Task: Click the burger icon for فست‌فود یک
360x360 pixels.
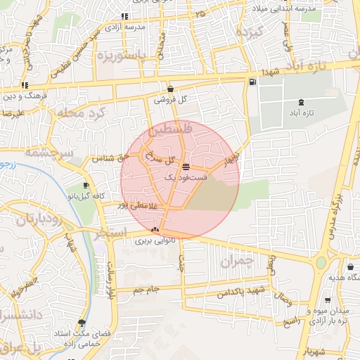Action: point(185,167)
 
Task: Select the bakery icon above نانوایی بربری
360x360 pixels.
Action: point(155,229)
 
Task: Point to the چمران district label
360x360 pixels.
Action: point(236,263)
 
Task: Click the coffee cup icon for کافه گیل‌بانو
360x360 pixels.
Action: point(86,185)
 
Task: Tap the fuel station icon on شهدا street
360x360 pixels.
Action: point(252,82)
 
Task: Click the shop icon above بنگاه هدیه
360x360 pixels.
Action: point(350,266)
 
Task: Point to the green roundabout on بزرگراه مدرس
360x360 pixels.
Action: point(321,263)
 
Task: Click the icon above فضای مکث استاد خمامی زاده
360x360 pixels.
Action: point(82,323)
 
